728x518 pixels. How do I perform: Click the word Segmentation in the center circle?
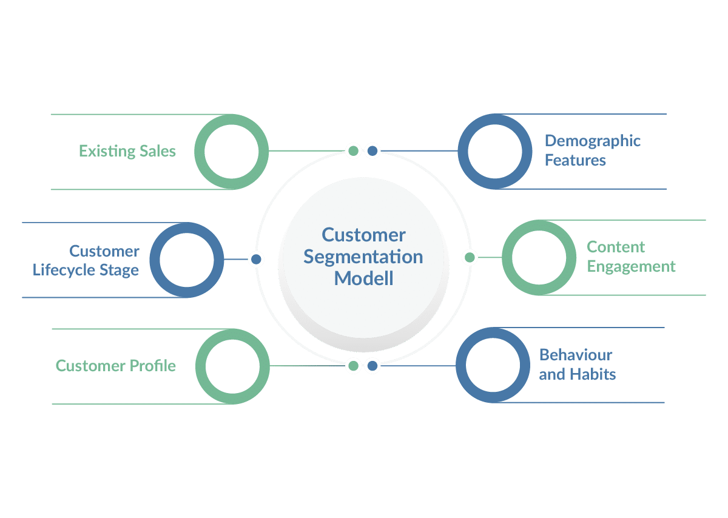click(363, 257)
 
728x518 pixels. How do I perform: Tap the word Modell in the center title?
click(363, 278)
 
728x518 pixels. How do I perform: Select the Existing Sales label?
click(127, 151)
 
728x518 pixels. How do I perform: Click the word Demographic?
click(592, 141)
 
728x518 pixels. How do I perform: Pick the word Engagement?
click(631, 267)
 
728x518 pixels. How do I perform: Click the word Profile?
click(152, 366)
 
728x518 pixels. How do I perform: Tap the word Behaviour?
click(575, 355)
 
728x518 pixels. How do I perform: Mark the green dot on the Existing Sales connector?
click(354, 150)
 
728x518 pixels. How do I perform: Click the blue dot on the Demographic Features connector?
click(372, 150)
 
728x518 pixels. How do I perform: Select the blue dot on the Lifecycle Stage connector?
click(256, 259)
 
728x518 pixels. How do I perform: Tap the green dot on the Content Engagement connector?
click(470, 257)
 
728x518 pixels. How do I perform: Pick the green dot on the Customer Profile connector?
click(354, 366)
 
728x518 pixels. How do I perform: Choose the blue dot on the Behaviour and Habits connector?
click(372, 366)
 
